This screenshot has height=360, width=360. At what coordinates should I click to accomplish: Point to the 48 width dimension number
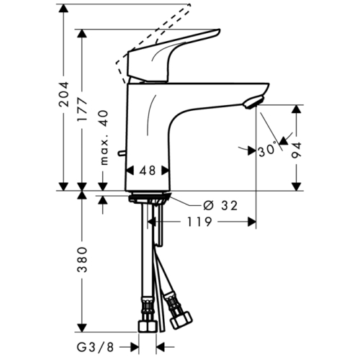click(x=148, y=171)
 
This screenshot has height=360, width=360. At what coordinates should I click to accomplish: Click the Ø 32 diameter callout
click(x=218, y=205)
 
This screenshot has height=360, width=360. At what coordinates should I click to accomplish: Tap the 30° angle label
click(x=268, y=150)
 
